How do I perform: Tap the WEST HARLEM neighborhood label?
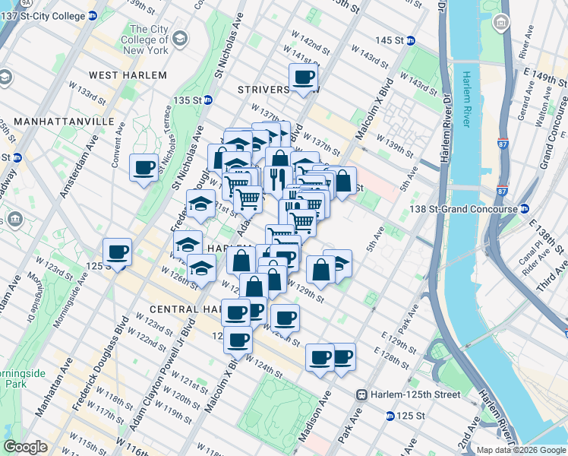(127, 75)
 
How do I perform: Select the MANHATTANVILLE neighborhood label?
(58, 122)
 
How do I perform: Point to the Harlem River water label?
(462, 99)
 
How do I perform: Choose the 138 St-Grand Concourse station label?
(465, 208)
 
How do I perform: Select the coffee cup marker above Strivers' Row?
(304, 77)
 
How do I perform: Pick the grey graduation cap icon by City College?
(180, 38)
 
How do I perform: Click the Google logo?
(27, 447)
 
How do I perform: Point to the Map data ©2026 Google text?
(521, 450)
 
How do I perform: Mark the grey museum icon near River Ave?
(501, 23)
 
